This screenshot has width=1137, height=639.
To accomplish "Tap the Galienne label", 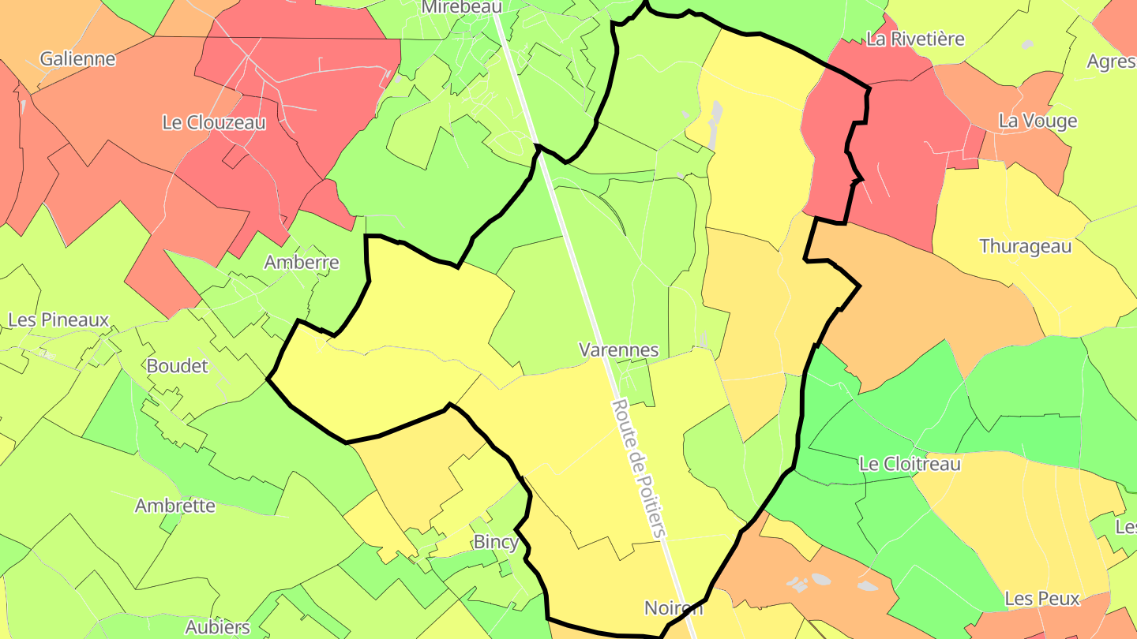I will pos(77,58).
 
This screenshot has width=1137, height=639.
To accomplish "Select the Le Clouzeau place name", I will pos(214,122).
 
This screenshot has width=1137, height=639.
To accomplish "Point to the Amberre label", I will pos(302,262).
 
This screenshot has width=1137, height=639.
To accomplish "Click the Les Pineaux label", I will pos(58,319).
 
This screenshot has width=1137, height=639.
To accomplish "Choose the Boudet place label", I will pos(178,365).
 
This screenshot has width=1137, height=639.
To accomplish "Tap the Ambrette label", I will pos(175,506).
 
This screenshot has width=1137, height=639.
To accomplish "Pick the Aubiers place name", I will pos(217,627).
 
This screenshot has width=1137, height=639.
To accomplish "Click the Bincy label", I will pos(496,542).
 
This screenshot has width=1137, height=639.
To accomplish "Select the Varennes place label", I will pos(619,349).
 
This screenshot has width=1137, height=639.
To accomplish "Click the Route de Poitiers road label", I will pos(639,469).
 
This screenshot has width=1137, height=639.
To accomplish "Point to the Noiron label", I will pos(674,607).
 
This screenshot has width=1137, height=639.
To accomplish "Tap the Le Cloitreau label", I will pos(910,464).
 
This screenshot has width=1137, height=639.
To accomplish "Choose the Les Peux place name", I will pos(1042,599).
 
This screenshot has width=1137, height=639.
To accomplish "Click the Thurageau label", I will pos(1026,246).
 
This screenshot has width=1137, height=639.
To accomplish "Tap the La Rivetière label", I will pos(915,39).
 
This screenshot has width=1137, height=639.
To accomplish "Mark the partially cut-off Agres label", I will pos(1111,62).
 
